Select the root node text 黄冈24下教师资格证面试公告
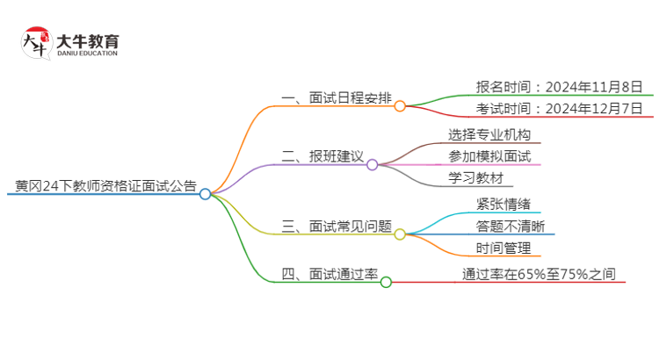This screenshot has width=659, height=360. pyautogui.click(x=105, y=186)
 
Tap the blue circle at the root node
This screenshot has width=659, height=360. pyautogui.click(x=205, y=194)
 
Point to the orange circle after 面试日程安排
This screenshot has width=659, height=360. pyautogui.click(x=400, y=106)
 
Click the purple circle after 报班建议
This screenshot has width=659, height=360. pyautogui.click(x=372, y=164)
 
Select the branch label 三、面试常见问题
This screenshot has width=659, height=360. pyautogui.click(x=335, y=226)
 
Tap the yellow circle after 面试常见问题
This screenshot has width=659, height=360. pyautogui.click(x=400, y=234)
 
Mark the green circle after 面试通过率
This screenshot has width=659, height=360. pyautogui.click(x=386, y=282)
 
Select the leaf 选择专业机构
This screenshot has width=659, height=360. pyautogui.click(x=489, y=135)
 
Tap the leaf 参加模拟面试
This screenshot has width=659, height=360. pyautogui.click(x=489, y=156)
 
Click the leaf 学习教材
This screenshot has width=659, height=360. pyautogui.click(x=475, y=178)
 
